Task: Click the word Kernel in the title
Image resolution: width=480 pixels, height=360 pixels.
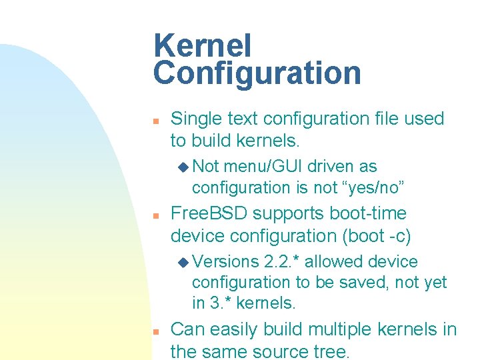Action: (202, 46)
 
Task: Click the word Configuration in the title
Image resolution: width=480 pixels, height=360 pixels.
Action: (257, 73)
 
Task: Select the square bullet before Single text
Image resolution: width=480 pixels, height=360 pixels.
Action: (155, 121)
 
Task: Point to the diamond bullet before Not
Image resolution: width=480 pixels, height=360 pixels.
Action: (183, 167)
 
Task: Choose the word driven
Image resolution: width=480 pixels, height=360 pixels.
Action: (333, 167)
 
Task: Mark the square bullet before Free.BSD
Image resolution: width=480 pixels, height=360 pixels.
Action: (155, 216)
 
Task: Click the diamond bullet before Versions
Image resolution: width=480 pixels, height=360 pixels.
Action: (183, 262)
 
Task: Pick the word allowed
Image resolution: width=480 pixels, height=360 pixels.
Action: (343, 262)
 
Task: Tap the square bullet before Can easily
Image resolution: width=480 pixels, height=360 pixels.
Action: (155, 331)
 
